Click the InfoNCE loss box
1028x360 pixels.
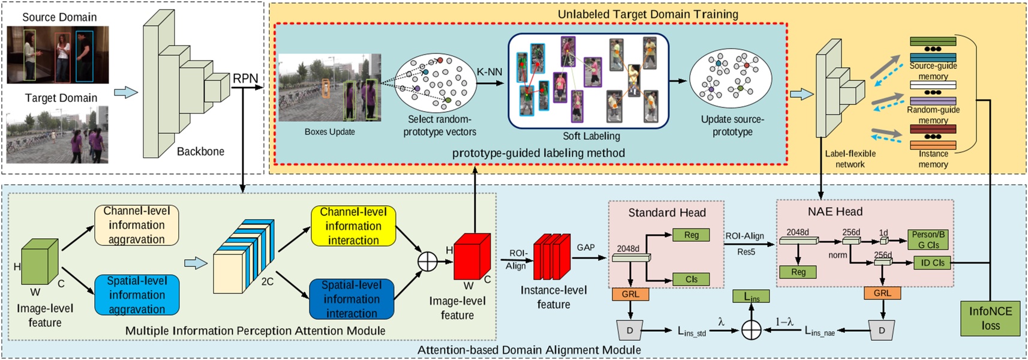pyautogui.click(x=990, y=319)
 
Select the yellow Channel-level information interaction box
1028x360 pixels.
pyautogui.click(x=353, y=226)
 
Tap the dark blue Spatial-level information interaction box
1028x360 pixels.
pyautogui.click(x=351, y=299)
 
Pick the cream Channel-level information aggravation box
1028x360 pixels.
pyautogui.click(x=137, y=225)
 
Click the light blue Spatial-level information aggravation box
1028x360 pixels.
pyautogui.click(x=137, y=295)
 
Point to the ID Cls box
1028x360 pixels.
pyautogui.click(x=932, y=263)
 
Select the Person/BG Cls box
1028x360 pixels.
pyautogui.click(x=928, y=239)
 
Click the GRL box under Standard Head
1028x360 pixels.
pyautogui.click(x=630, y=294)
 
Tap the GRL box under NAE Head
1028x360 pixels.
pyautogui.click(x=882, y=293)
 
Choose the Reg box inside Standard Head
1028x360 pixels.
pyautogui.click(x=691, y=235)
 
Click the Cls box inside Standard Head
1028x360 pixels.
pyautogui.click(x=691, y=279)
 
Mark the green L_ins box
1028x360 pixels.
pyautogui.click(x=752, y=296)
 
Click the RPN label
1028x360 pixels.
pyautogui.click(x=245, y=79)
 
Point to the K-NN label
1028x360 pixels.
pyautogui.click(x=489, y=72)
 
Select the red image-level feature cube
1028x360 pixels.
pyautogui.click(x=471, y=257)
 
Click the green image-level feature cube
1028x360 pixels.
pyautogui.click(x=40, y=262)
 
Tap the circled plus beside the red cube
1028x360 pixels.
pyautogui.click(x=428, y=262)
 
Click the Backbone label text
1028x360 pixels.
pyautogui.click(x=200, y=152)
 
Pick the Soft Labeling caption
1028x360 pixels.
pyautogui.click(x=591, y=136)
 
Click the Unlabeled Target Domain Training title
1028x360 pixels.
pyautogui.click(x=648, y=14)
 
